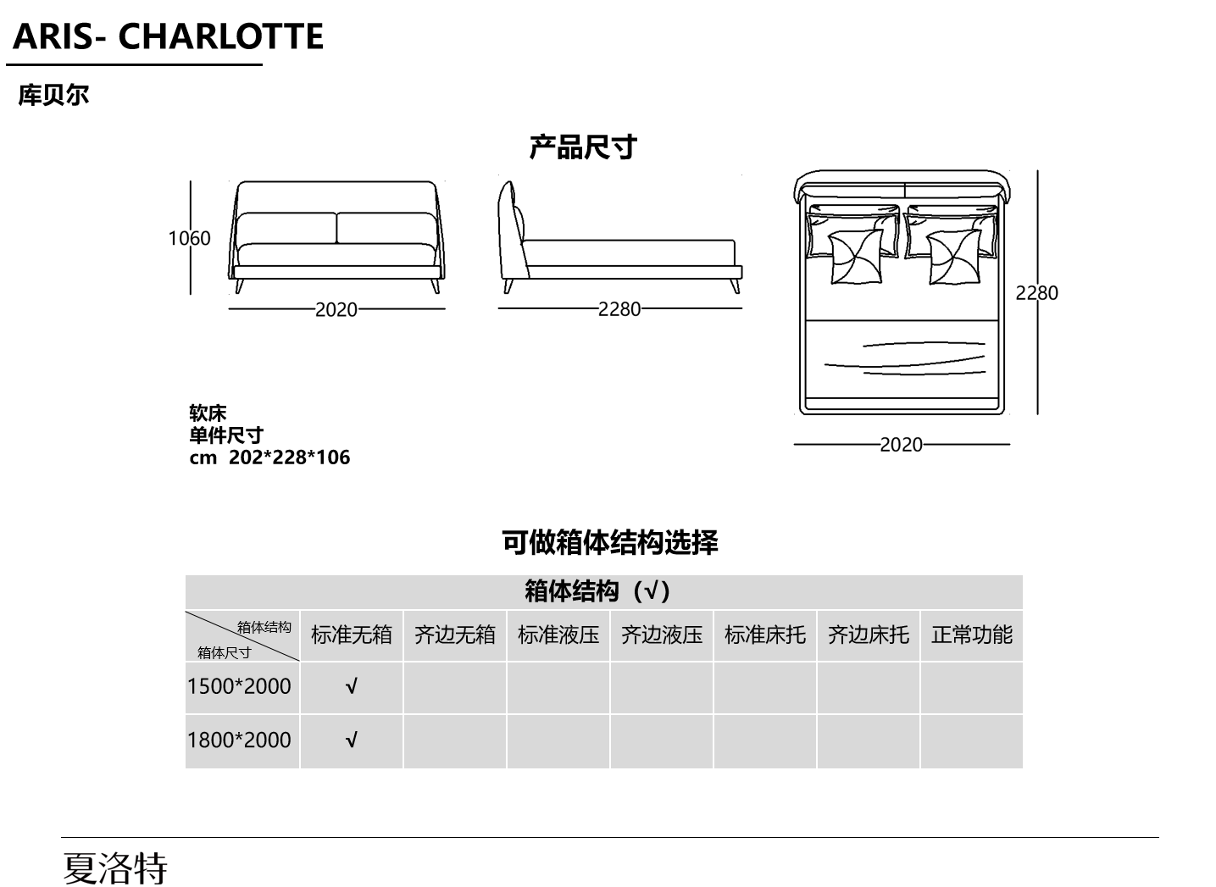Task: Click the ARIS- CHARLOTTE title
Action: click(168, 37)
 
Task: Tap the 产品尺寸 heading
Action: click(583, 147)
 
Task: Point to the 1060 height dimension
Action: click(189, 238)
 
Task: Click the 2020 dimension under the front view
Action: click(336, 310)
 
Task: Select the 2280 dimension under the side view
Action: click(619, 309)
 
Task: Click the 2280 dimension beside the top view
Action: click(1036, 293)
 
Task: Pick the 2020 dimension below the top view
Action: click(901, 445)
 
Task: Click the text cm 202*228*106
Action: click(269, 457)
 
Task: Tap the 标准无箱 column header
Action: click(351, 635)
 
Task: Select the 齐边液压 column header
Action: click(662, 635)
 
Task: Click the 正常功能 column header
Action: click(972, 635)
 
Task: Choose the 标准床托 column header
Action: click(765, 635)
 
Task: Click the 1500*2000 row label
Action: click(239, 687)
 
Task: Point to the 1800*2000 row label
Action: click(239, 740)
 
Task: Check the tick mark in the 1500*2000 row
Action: click(351, 687)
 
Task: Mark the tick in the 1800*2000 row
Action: click(351, 740)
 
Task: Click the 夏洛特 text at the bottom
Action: click(115, 868)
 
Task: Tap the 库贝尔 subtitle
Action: click(53, 95)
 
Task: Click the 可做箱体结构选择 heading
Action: click(609, 542)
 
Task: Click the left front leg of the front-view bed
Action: click(239, 286)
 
